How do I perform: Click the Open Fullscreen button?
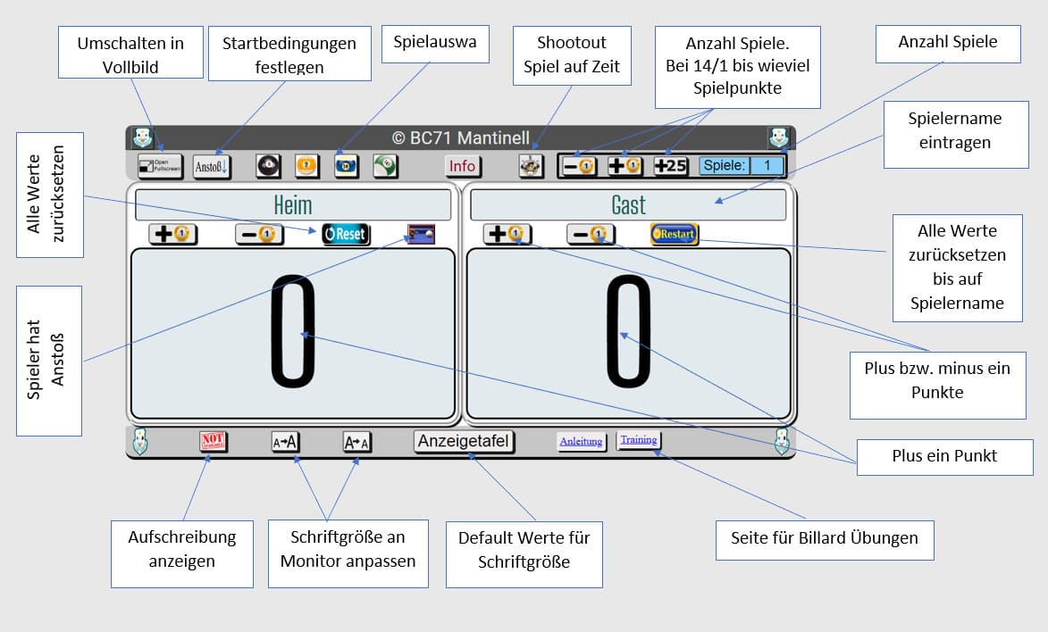(160, 166)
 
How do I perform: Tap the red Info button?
(462, 166)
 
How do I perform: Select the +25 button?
(670, 166)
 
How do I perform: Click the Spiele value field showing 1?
(766, 166)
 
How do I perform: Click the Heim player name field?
(292, 205)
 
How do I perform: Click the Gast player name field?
(628, 205)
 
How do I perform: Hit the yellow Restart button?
(675, 235)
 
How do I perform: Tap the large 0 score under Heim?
(293, 333)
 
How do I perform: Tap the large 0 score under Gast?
(628, 333)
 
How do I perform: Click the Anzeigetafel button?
(464, 442)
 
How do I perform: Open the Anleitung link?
(581, 441)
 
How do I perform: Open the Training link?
(639, 440)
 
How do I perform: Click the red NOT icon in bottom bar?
(213, 441)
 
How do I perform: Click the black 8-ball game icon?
(267, 166)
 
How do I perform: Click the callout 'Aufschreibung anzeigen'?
(182, 548)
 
